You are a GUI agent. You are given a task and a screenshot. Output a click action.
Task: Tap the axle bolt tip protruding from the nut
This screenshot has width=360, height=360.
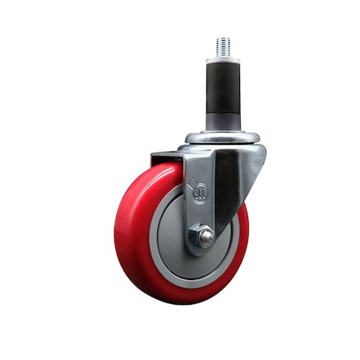click(x=206, y=237)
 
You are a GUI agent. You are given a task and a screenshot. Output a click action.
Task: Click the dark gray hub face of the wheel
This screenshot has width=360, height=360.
click(x=172, y=240)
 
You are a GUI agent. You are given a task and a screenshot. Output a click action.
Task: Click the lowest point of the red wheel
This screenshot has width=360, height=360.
click(x=180, y=302)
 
